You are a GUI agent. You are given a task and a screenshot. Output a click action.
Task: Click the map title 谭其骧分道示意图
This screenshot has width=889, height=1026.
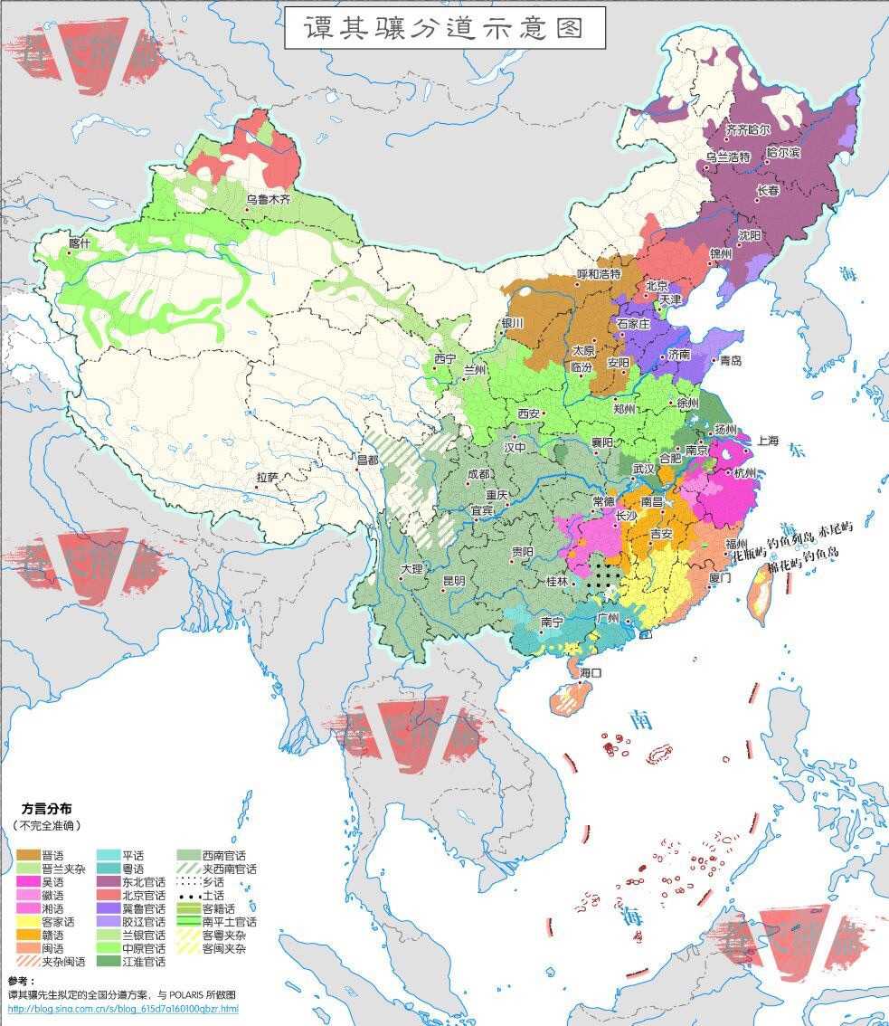coord(444,28)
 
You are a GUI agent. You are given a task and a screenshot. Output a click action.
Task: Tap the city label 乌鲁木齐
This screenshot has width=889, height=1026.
coord(270,199)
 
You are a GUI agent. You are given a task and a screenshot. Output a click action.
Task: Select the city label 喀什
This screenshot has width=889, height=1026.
coord(80,242)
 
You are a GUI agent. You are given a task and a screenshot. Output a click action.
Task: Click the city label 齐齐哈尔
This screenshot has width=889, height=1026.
coord(749,129)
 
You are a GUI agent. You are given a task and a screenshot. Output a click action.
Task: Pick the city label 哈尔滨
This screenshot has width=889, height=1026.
coord(783,153)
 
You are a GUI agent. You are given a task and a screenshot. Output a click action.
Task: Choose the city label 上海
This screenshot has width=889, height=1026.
coord(768,441)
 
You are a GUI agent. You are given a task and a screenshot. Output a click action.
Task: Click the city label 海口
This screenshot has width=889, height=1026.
coord(591,672)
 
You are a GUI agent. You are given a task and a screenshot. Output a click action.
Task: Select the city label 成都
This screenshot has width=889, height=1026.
coord(478,474)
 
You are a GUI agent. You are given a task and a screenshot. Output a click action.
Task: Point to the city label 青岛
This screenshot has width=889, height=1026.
coord(731,360)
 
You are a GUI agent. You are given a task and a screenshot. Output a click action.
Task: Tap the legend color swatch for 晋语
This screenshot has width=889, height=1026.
coord(28,855)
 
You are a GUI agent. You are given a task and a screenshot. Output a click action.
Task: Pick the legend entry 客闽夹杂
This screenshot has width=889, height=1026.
coord(224,948)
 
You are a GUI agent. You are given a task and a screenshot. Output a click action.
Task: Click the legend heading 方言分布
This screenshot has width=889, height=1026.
coord(46,809)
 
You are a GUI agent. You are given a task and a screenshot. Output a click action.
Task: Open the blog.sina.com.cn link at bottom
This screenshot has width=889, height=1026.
coord(123,1008)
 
